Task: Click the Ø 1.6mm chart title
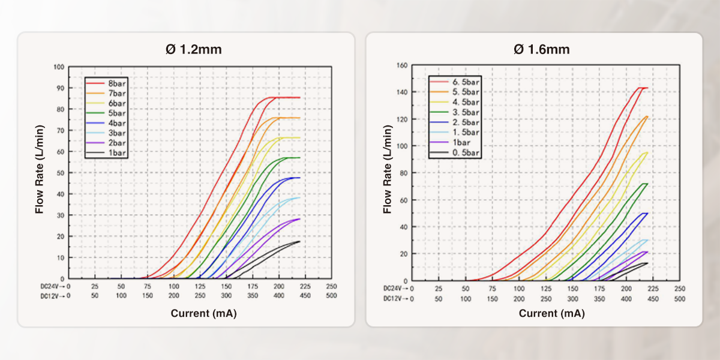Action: pyautogui.click(x=541, y=50)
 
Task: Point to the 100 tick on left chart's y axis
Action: pyautogui.click(x=59, y=67)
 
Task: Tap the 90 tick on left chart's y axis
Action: pyautogui.click(x=60, y=88)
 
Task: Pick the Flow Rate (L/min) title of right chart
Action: pyautogui.click(x=388, y=172)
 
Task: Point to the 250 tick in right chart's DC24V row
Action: pyautogui.click(x=679, y=288)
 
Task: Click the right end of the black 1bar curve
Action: pyautogui.click(x=299, y=242)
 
